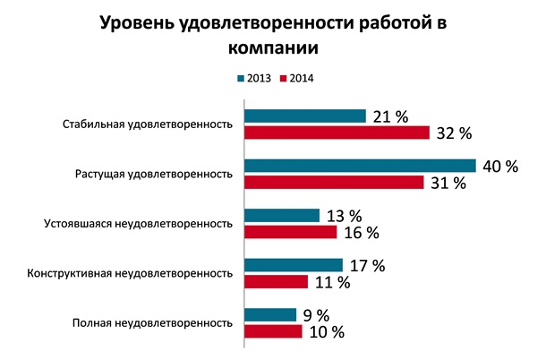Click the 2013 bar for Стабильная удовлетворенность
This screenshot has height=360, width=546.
pos(304,116)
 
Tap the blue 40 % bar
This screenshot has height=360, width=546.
pos(360,166)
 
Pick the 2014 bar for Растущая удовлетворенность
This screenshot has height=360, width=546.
pos(334,183)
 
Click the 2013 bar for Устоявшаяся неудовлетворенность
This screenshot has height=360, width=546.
pos(281,216)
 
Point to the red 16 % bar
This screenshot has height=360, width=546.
pos(290,232)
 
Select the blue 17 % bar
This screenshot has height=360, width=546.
pos(293,265)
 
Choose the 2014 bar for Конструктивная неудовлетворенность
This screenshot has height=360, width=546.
pos(276,282)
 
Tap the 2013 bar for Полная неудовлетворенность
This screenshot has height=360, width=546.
pos(269,314)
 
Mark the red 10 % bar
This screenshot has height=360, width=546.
pos(272,331)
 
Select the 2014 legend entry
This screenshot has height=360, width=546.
pos(296,78)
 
